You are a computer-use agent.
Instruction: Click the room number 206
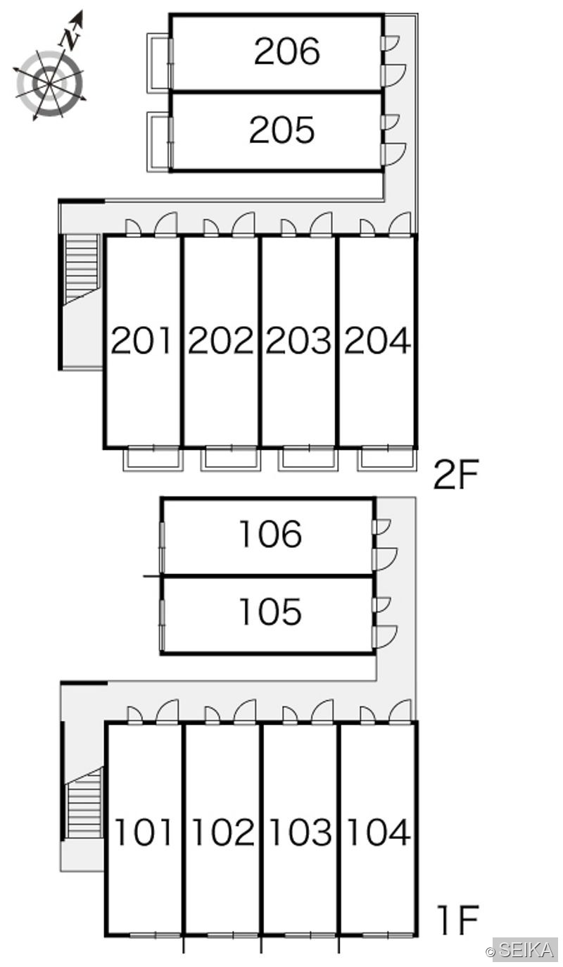[287, 51]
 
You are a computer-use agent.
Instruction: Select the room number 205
[281, 130]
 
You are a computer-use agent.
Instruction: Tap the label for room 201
[141, 341]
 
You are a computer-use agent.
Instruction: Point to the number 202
[220, 341]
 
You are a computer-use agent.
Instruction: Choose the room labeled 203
[298, 341]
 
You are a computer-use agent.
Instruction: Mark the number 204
[377, 341]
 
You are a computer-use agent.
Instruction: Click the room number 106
[271, 534]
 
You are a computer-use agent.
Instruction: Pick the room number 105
[270, 611]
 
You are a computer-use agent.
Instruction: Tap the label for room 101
[144, 832]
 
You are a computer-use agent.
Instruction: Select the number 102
[223, 832]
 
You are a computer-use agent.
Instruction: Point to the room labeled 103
[301, 832]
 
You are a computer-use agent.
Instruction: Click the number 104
[379, 832]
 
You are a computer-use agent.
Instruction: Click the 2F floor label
[457, 475]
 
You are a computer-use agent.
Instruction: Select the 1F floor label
[458, 920]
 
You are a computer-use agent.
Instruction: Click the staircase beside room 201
[82, 268]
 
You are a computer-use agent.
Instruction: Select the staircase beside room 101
[85, 802]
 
